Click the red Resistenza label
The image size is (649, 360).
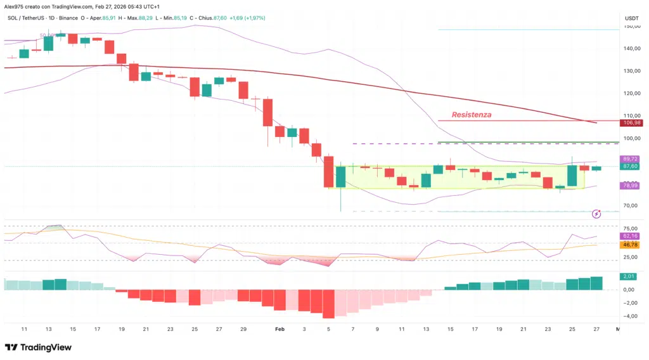click(x=472, y=115)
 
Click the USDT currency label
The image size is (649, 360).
click(x=632, y=18)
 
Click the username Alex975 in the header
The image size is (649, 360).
click(x=15, y=6)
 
